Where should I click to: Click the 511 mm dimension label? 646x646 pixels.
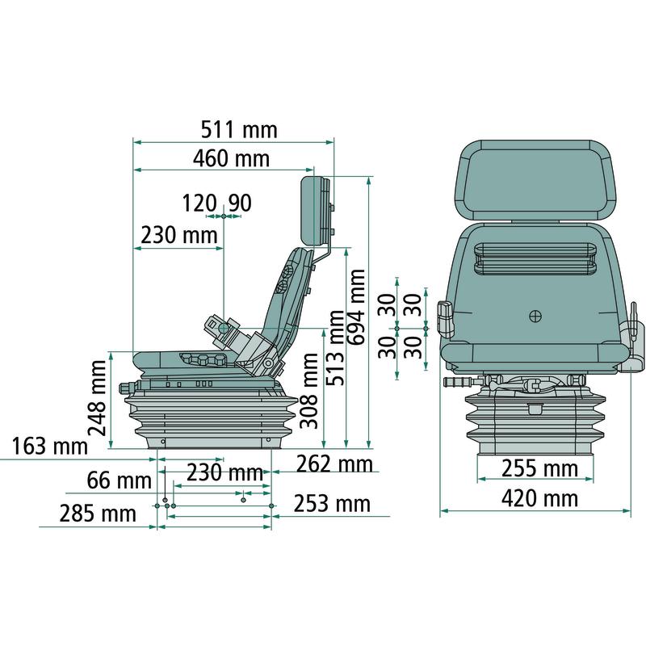239,130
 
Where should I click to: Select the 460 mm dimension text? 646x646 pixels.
231,158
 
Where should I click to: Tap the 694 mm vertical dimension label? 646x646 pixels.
356,307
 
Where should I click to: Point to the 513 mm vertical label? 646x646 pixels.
335,348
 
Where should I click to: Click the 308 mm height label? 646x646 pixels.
309,391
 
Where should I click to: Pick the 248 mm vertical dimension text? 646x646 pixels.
98,398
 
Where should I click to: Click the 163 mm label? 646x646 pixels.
50,447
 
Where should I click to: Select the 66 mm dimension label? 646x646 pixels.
119,480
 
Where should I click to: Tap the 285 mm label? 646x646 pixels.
98,514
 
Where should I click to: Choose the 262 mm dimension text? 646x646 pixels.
334,464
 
